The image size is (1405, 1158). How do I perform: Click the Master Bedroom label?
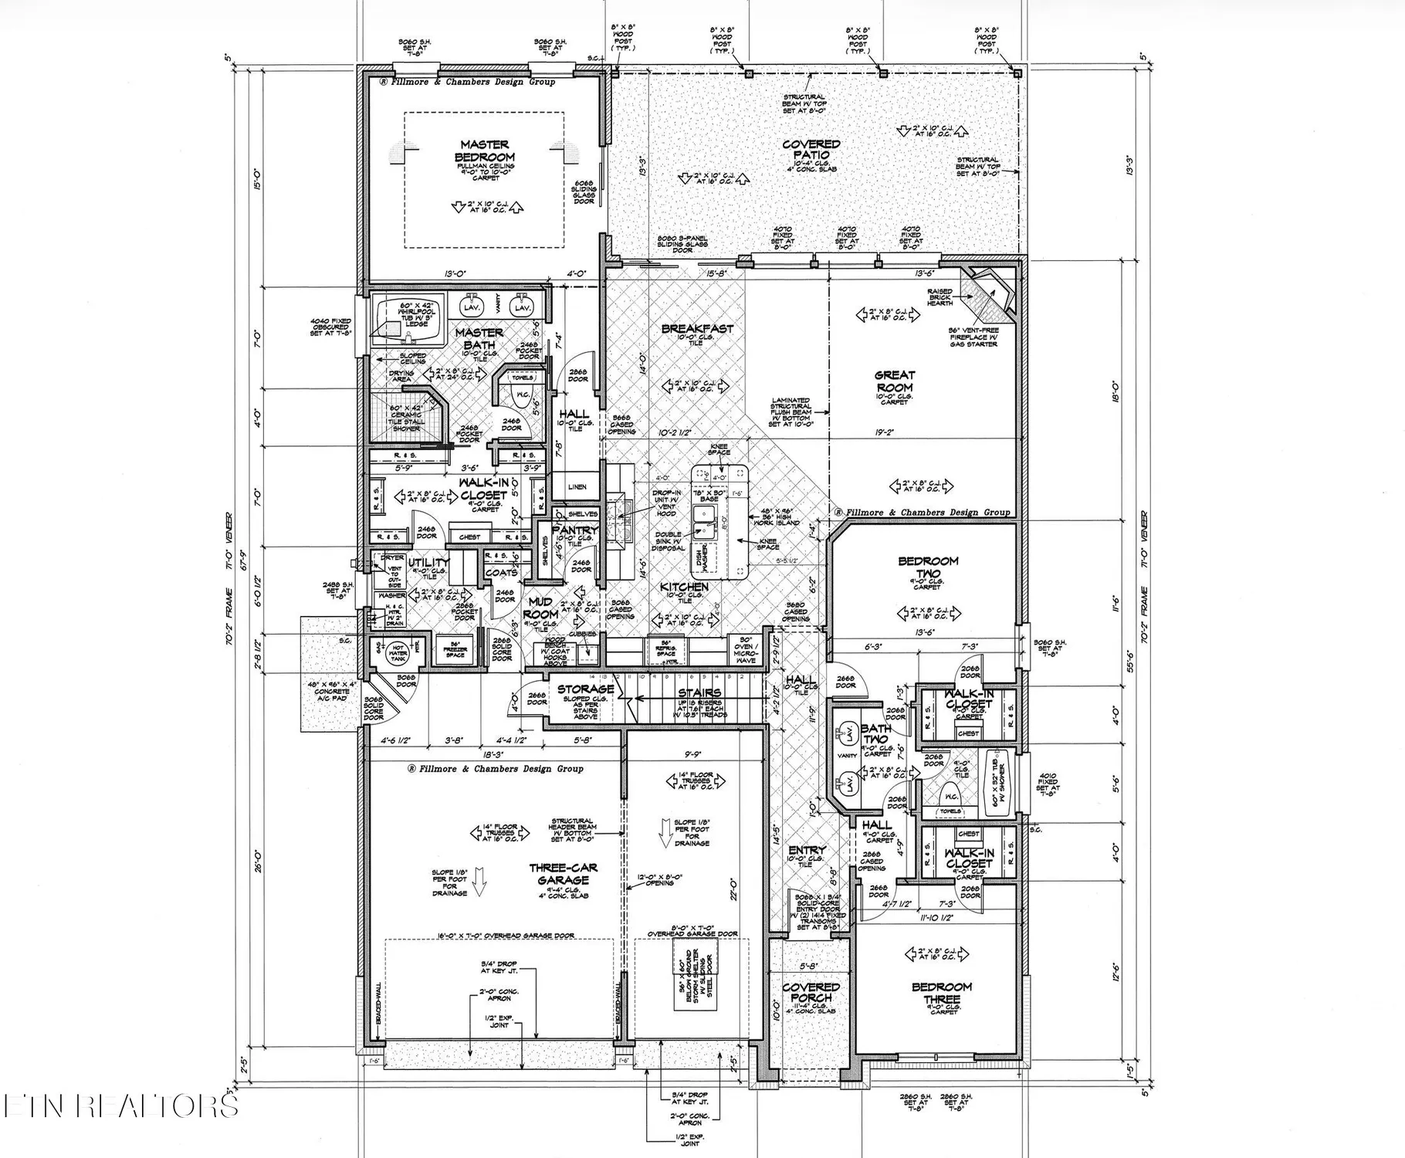[x=485, y=151]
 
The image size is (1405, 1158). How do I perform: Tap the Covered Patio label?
[x=811, y=149]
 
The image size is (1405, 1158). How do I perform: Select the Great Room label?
[x=895, y=381]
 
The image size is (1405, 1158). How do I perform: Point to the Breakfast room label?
[x=697, y=329]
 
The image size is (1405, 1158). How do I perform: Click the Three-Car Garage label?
[x=563, y=874]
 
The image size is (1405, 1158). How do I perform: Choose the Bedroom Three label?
[x=941, y=993]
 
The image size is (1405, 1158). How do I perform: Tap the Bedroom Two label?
[x=928, y=567]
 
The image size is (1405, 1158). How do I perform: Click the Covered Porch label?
[x=811, y=992]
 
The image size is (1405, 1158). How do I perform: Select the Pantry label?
[x=575, y=530]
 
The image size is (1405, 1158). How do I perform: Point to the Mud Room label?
[x=540, y=608]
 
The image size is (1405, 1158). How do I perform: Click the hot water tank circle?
[x=398, y=653]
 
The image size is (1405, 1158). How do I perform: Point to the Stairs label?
[x=699, y=692]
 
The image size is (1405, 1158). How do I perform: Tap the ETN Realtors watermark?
[x=120, y=1106]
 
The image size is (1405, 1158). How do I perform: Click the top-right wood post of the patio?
[x=1017, y=73]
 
